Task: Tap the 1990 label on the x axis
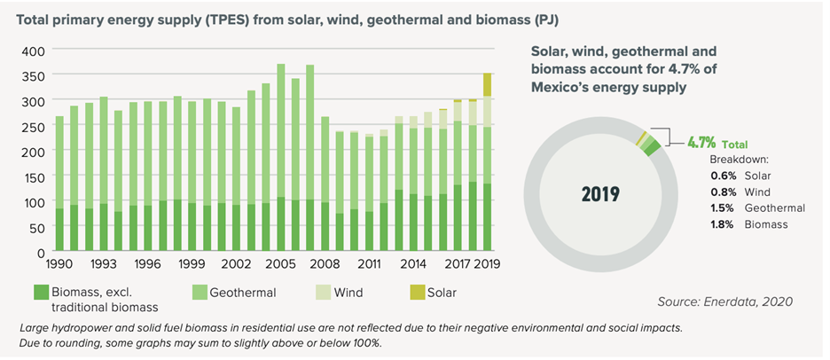point(59,264)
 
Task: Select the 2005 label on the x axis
point(280,264)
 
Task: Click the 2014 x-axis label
point(412,264)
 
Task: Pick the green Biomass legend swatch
point(42,291)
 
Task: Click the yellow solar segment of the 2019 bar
point(486,84)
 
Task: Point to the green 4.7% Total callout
point(716,141)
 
